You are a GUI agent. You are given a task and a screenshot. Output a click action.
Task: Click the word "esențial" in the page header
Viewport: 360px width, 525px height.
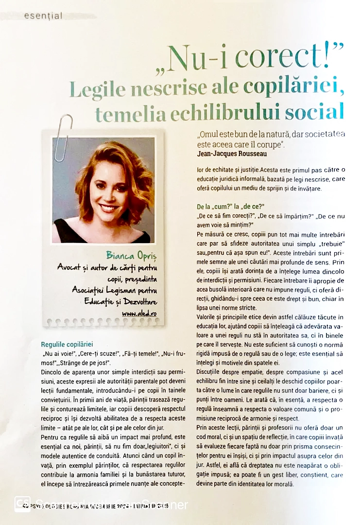[43, 16]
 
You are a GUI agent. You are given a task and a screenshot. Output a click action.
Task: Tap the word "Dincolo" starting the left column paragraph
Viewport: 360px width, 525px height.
[52, 372]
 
